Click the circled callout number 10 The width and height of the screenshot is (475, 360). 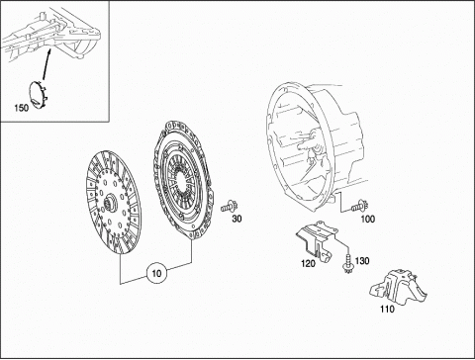[x=157, y=273]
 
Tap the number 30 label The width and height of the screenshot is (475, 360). [x=237, y=219]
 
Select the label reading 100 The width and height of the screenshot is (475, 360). [x=368, y=219]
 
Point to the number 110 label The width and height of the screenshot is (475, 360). [x=387, y=309]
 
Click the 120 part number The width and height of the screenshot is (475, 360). [x=308, y=263]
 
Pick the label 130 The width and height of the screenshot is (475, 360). [x=362, y=261]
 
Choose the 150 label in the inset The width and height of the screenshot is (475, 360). [x=22, y=108]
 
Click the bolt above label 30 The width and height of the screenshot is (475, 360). [x=230, y=207]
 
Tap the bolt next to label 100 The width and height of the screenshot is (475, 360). [x=359, y=207]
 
